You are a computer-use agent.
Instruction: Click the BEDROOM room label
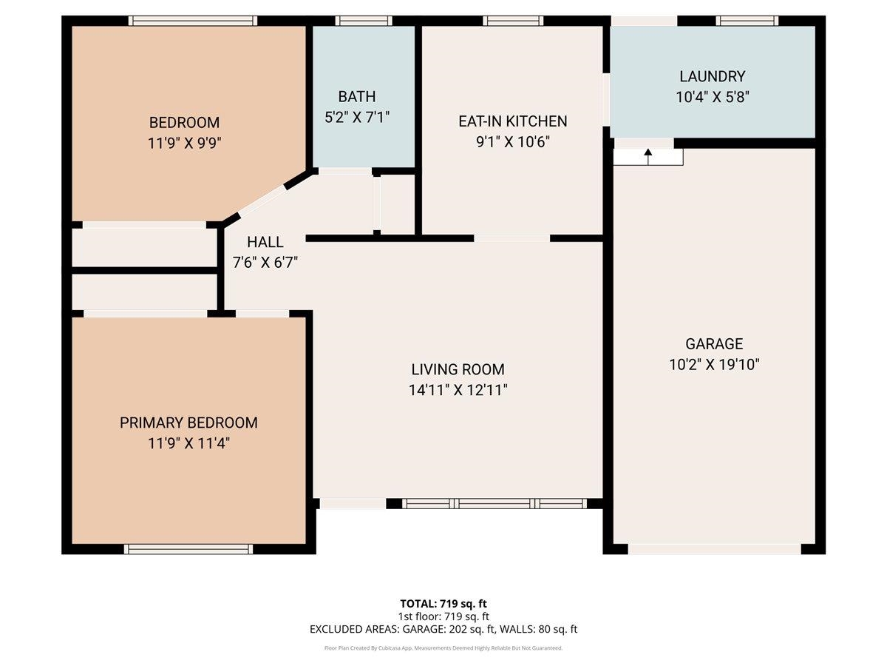(x=184, y=122)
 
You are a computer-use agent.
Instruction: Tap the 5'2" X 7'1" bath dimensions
(x=357, y=116)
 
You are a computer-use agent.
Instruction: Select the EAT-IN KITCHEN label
(x=512, y=121)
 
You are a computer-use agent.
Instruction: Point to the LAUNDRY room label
(x=712, y=76)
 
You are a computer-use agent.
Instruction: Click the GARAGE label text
(x=713, y=343)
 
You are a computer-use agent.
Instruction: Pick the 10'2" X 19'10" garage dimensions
(x=713, y=364)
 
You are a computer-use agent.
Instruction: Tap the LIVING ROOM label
(x=458, y=369)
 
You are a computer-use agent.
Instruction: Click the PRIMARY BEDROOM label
(x=188, y=423)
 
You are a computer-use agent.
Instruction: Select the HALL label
(x=265, y=242)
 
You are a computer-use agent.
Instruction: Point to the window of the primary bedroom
(x=188, y=548)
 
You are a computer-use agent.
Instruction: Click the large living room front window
(x=495, y=504)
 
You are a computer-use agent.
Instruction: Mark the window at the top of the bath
(x=363, y=21)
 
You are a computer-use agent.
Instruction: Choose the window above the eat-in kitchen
(x=513, y=21)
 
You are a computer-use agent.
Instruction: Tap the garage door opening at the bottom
(x=713, y=549)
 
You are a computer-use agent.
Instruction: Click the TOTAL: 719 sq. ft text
(x=443, y=603)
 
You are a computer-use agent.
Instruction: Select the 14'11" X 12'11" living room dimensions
(x=458, y=390)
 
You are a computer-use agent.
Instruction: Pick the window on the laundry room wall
(x=747, y=21)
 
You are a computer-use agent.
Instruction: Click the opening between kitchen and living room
(x=512, y=238)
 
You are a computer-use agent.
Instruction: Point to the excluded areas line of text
(x=443, y=629)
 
